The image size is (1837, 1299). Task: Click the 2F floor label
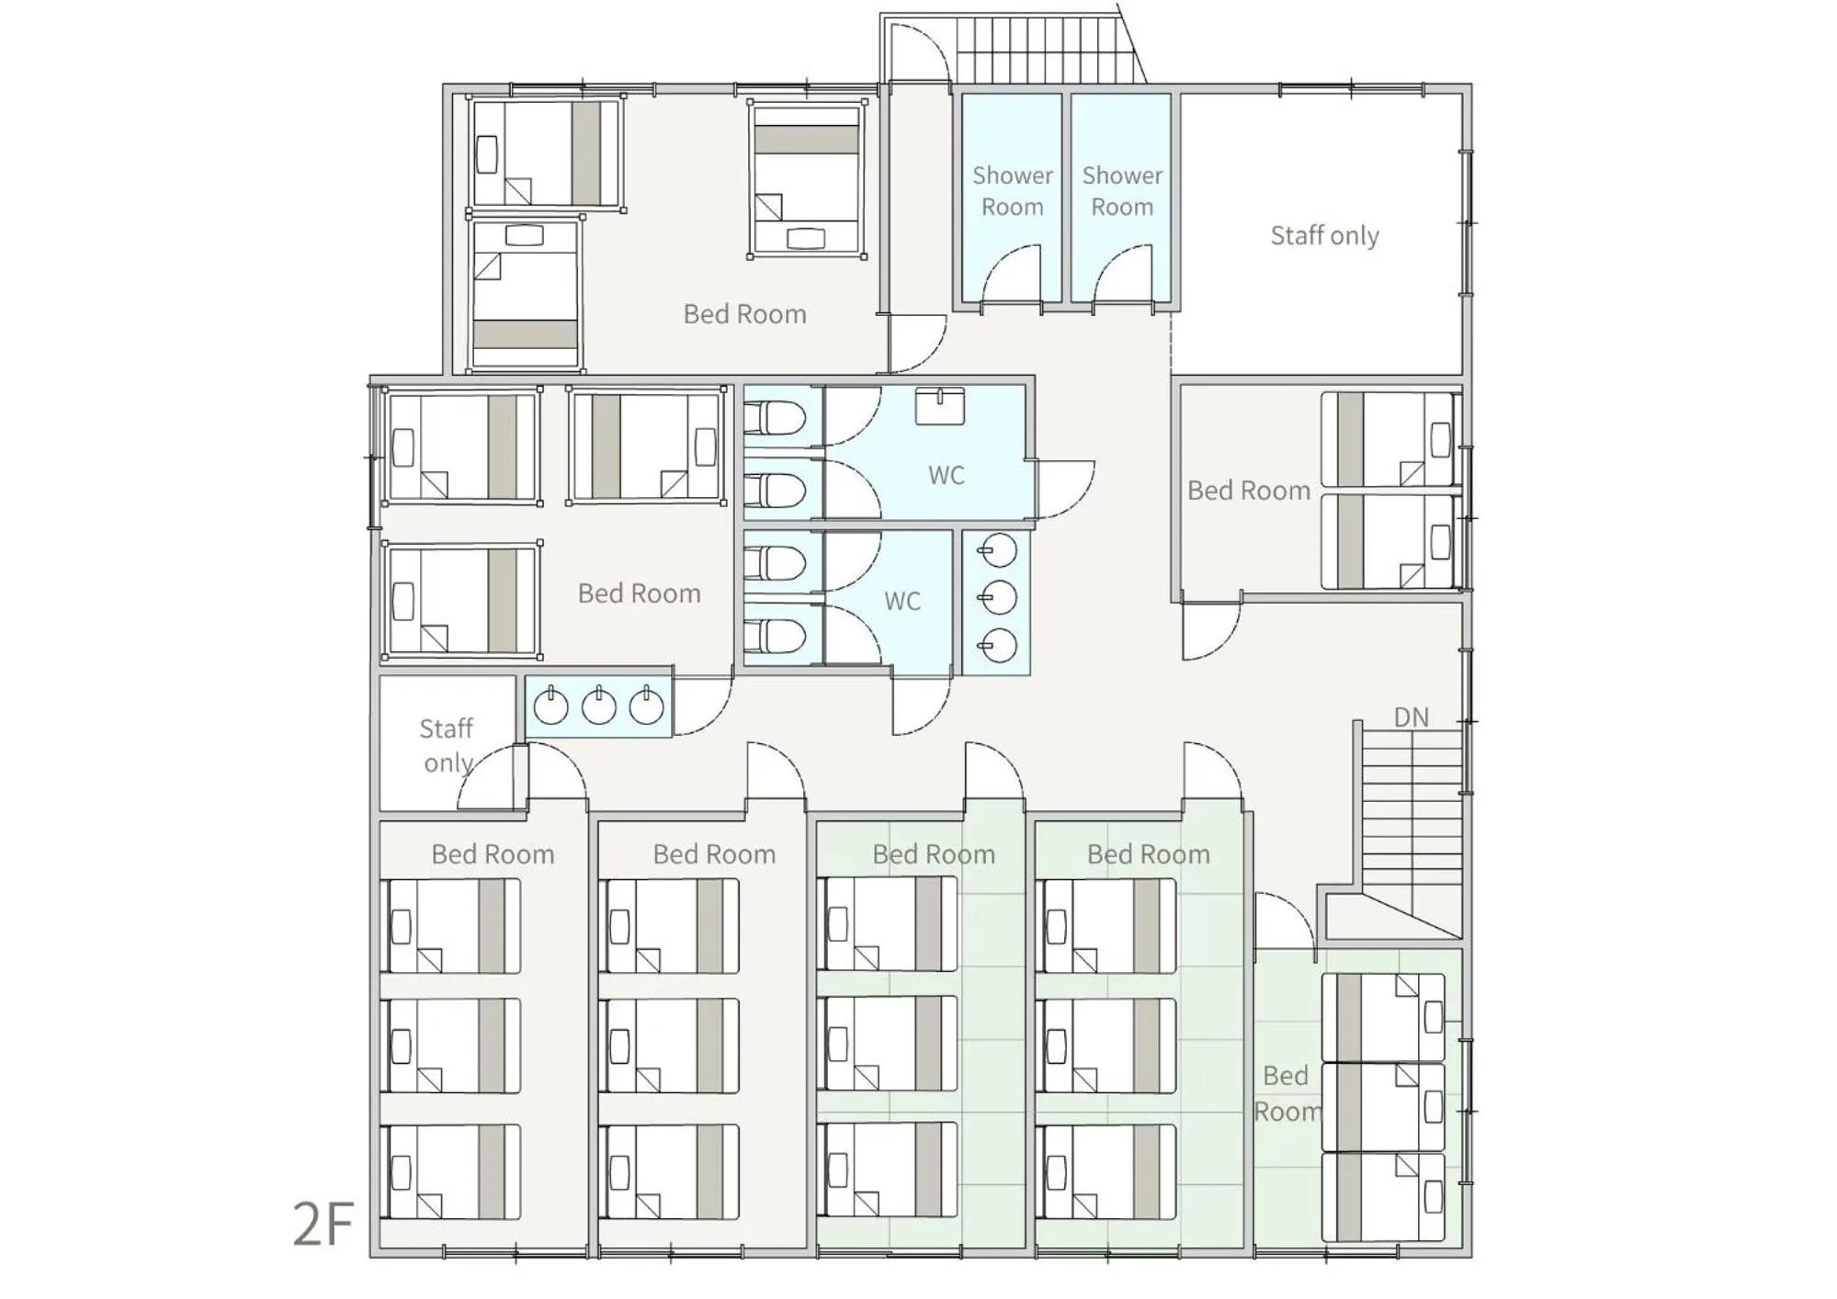tap(323, 1224)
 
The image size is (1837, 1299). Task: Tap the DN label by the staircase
tap(1411, 717)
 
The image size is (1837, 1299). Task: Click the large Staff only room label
tap(1324, 236)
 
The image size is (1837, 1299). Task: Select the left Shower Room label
tap(1012, 191)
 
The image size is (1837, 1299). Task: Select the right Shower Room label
tap(1121, 191)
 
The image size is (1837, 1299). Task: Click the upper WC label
tap(946, 476)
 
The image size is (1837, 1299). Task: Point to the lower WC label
tap(901, 602)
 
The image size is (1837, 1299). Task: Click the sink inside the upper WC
tap(939, 406)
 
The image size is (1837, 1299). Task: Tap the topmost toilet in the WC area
tap(774, 418)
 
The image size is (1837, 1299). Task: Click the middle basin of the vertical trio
tap(998, 598)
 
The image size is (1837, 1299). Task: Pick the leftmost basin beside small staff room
tap(550, 706)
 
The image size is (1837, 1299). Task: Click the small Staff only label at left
tap(447, 745)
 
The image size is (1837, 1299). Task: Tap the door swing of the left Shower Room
tap(1011, 273)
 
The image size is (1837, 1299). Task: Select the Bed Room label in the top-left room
tap(744, 314)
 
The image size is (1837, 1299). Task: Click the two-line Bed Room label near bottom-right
tap(1286, 1093)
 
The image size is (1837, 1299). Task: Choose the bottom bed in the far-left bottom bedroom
tap(450, 1172)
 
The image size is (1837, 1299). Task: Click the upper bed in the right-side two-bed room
tap(1389, 439)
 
